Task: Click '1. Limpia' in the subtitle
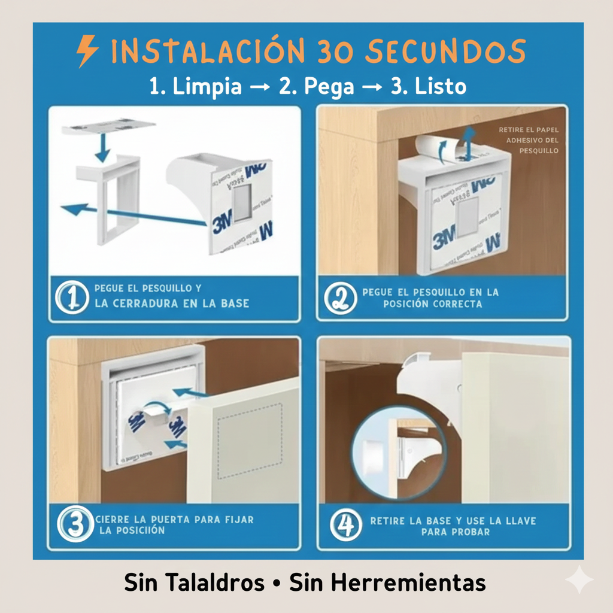pos(196,86)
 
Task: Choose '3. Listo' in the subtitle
pos(428,86)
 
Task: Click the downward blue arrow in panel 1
pos(102,147)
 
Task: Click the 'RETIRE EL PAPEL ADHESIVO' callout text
pos(529,139)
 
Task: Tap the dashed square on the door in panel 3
pos(250,441)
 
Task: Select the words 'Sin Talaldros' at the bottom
pos(194,582)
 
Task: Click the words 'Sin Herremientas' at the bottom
pos(387,582)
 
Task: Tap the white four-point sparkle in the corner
pos(579,579)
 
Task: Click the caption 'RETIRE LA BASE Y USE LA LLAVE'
pos(453,521)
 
